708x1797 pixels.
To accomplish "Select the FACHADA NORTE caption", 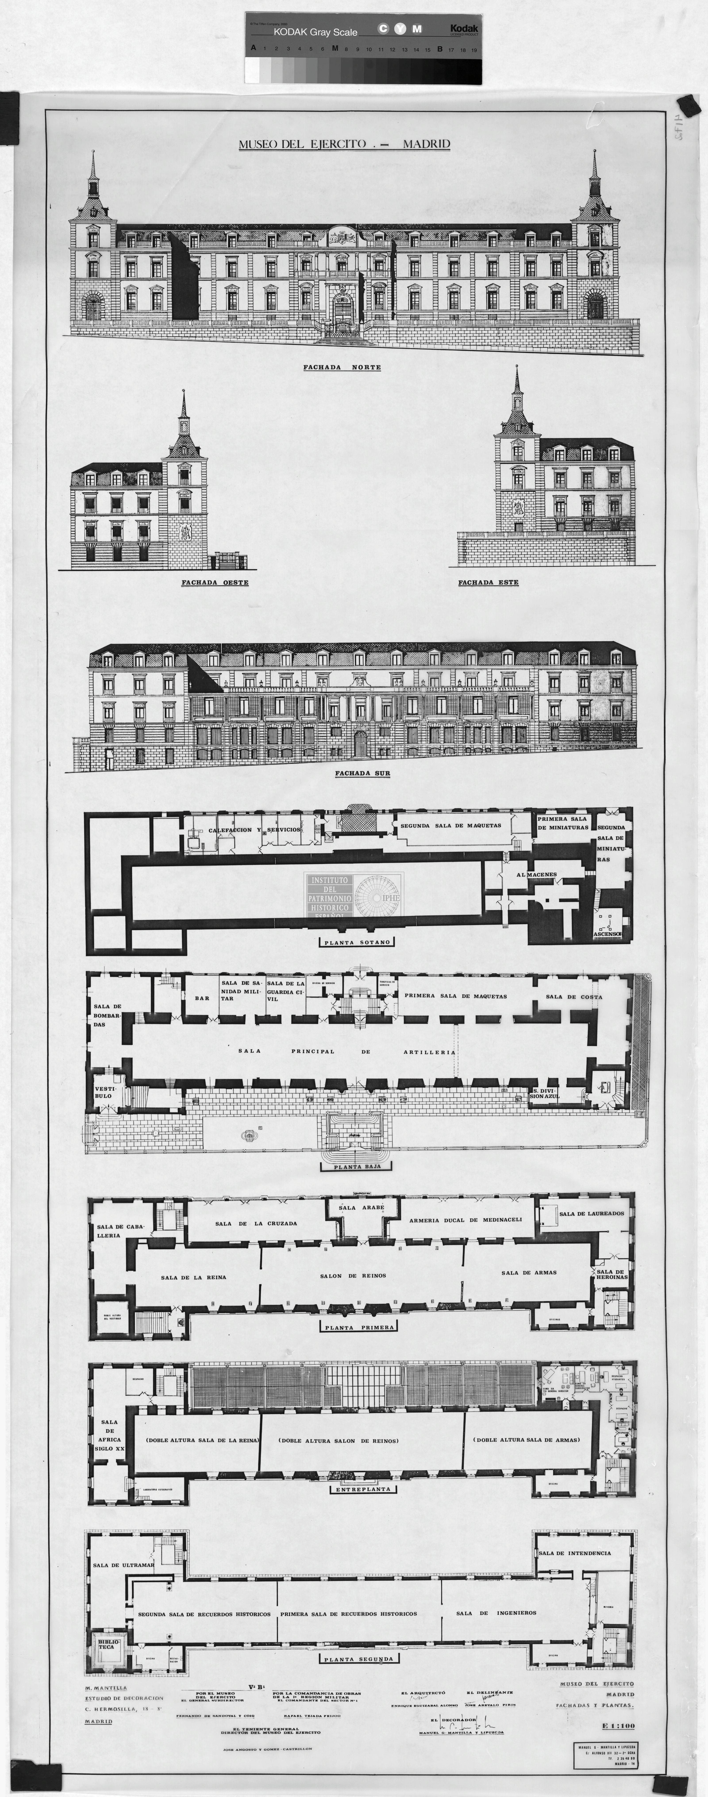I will coord(342,368).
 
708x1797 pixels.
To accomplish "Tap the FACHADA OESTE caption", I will coord(215,583).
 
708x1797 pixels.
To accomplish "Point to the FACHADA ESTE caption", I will coord(488,583).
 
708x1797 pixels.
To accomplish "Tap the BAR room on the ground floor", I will coord(202,998).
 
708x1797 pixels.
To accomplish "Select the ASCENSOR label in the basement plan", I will coord(608,933).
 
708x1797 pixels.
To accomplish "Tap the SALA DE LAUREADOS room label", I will coord(591,1214).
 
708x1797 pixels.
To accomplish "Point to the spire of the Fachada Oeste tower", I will coord(183,405).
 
